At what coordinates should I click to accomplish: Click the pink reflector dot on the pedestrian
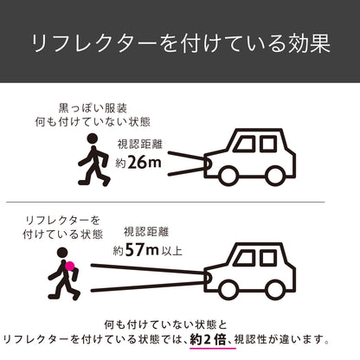(x=69, y=266)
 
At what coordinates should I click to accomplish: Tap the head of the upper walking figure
(x=93, y=138)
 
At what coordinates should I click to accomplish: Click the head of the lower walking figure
(x=62, y=253)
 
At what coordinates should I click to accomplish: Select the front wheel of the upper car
(x=228, y=176)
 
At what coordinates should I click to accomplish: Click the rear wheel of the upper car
(x=274, y=176)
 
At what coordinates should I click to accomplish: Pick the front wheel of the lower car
(x=228, y=290)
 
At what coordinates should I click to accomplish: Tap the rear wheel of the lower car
(x=274, y=290)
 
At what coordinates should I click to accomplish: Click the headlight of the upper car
(x=207, y=164)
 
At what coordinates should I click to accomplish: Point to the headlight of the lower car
(x=207, y=278)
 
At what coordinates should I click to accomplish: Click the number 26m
(x=145, y=163)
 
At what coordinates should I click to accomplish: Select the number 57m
(x=142, y=250)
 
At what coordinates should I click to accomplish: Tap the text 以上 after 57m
(x=172, y=251)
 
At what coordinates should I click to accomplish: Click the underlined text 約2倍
(x=209, y=339)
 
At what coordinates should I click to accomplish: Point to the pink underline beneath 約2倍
(x=213, y=349)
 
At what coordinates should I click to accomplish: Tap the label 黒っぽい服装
(x=93, y=108)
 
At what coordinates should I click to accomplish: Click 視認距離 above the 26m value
(x=140, y=144)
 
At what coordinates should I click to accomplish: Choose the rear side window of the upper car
(x=268, y=144)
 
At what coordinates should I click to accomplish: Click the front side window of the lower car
(x=245, y=258)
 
